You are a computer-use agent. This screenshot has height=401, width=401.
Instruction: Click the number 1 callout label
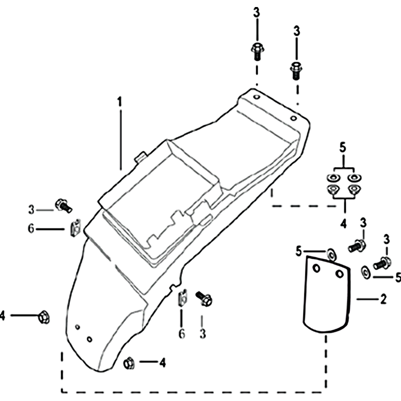pyautogui.click(x=120, y=102)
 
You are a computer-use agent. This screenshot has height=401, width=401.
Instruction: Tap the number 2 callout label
pyautogui.click(x=383, y=299)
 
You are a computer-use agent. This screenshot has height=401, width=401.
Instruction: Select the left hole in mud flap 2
pyautogui.click(x=316, y=269)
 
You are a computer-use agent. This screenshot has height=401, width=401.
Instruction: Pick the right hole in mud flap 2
pyautogui.click(x=339, y=274)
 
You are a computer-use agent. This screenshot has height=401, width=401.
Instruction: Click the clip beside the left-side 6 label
pyautogui.click(x=75, y=228)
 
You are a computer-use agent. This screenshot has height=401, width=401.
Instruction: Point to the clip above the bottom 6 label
pyautogui.click(x=182, y=298)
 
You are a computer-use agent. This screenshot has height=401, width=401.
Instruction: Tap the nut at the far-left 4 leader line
pyautogui.click(x=44, y=317)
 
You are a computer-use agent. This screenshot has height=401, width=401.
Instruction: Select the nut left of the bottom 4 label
pyautogui.click(x=129, y=363)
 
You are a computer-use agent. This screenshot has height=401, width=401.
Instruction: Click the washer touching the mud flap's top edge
pyautogui.click(x=331, y=255)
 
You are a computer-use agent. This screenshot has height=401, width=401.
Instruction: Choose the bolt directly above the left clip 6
pyautogui.click(x=64, y=205)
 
